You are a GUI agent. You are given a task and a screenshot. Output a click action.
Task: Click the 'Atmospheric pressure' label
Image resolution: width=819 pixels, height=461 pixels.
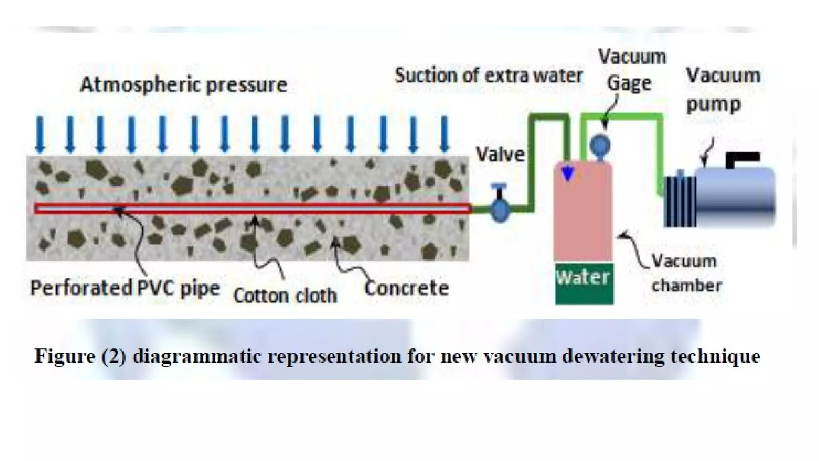(184, 85)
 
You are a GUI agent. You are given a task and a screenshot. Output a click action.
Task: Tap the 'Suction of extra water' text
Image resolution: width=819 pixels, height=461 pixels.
(488, 76)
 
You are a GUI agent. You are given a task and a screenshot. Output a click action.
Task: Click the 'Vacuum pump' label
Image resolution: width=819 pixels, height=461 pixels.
(723, 90)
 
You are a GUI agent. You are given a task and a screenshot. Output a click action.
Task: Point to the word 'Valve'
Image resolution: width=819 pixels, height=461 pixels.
(500, 155)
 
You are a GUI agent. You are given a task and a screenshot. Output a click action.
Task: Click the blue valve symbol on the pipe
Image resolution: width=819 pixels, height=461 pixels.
(500, 208)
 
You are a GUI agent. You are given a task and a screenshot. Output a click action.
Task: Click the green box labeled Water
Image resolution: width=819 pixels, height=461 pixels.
(584, 283)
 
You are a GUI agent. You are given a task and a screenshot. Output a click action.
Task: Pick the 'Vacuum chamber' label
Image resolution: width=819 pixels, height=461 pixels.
(686, 273)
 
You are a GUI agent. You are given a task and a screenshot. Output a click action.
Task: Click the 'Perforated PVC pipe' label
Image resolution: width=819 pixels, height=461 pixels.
(125, 288)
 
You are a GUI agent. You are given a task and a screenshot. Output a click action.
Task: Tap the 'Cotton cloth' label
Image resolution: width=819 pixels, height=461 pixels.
(285, 296)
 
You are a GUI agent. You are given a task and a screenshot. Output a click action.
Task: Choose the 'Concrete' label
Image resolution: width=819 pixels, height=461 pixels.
(406, 288)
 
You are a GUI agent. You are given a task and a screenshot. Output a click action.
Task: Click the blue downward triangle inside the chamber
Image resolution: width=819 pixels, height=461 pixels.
(568, 174)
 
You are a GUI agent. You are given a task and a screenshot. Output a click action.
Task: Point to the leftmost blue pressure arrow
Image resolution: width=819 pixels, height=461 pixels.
(40, 134)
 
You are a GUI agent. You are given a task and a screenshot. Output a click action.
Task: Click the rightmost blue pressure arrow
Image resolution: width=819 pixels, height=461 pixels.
(444, 134)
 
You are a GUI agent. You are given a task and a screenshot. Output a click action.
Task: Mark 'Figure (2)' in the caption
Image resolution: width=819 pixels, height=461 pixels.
(80, 356)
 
